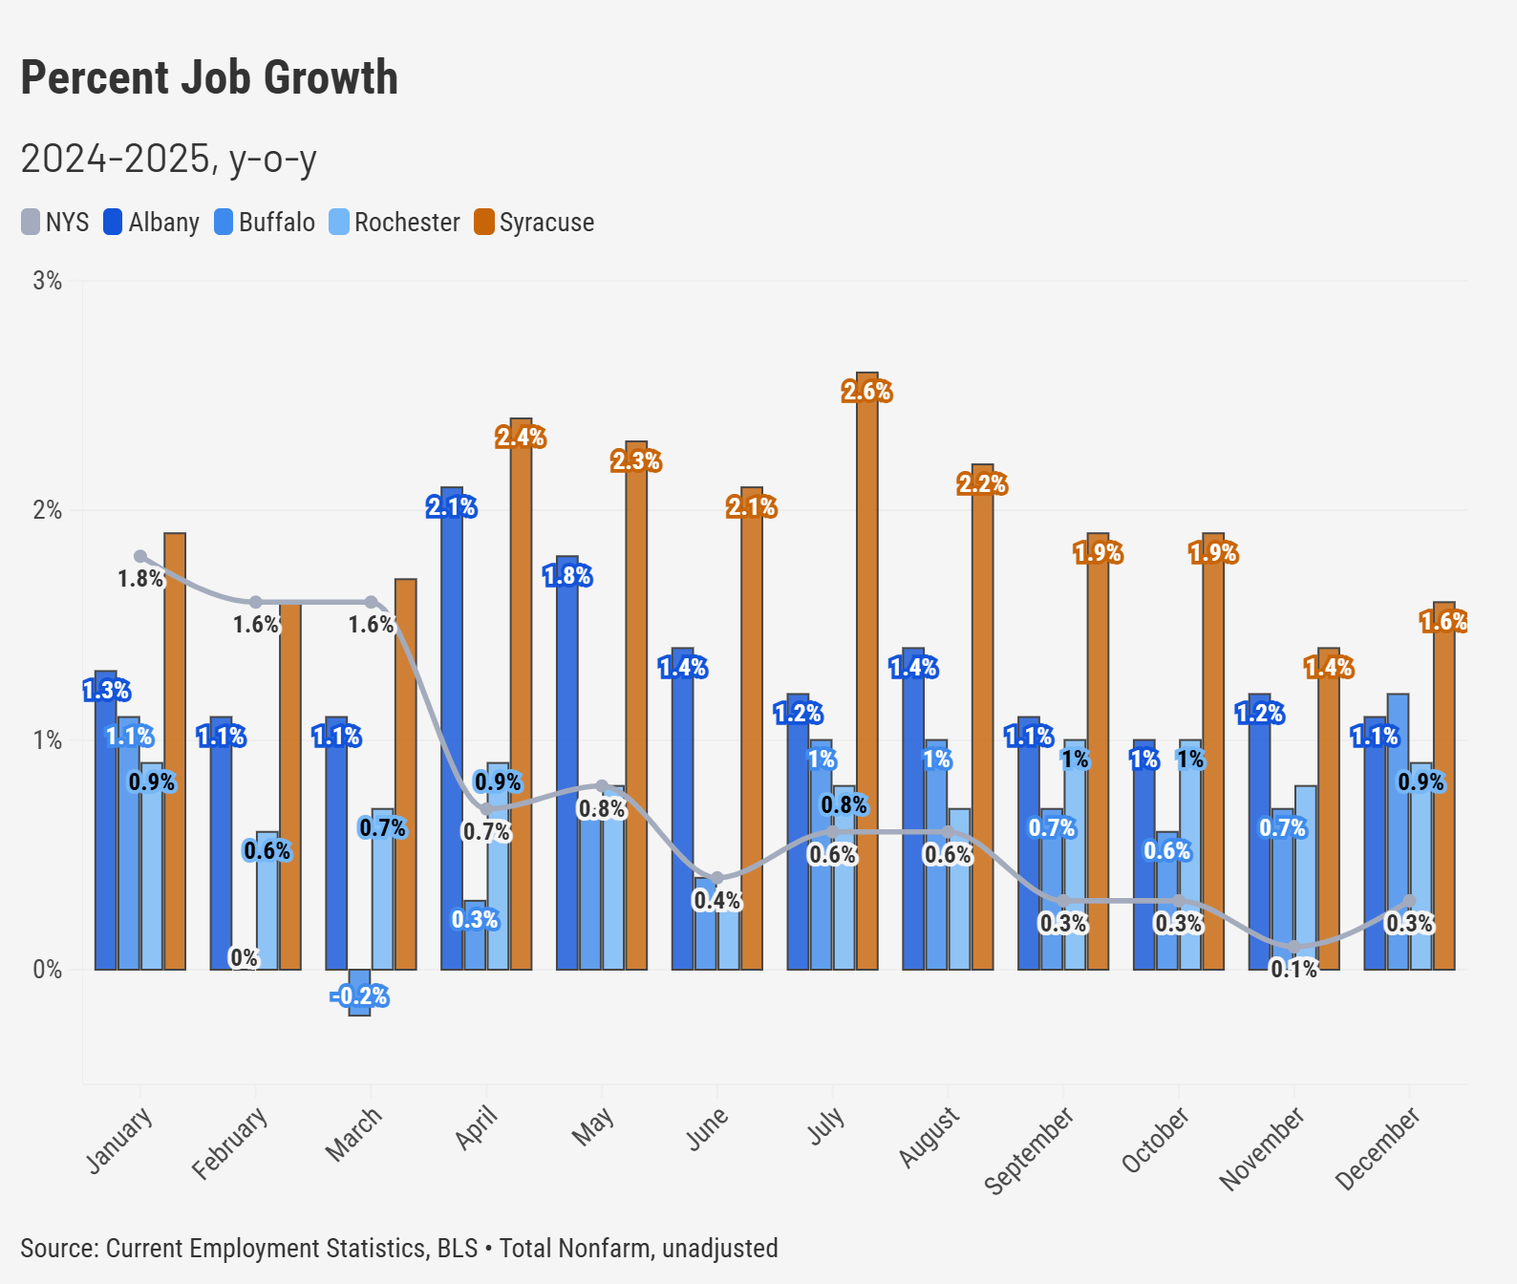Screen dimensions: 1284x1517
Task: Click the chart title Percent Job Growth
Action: point(209,78)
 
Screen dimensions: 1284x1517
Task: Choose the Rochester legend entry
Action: point(395,223)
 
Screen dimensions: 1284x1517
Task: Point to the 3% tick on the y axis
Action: point(47,281)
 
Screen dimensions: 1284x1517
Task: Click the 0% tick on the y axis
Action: point(47,970)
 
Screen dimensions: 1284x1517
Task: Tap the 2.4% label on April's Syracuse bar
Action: point(521,438)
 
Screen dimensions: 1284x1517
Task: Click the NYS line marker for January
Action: point(140,556)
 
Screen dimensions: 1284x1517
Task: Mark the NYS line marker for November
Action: point(1294,947)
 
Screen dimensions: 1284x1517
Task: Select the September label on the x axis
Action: point(1029,1150)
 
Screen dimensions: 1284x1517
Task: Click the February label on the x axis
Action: point(229,1144)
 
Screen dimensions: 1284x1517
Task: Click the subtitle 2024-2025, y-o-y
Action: point(168,159)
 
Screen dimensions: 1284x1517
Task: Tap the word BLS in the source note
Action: point(458,1249)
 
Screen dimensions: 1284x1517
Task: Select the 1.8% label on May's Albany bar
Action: point(567,576)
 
